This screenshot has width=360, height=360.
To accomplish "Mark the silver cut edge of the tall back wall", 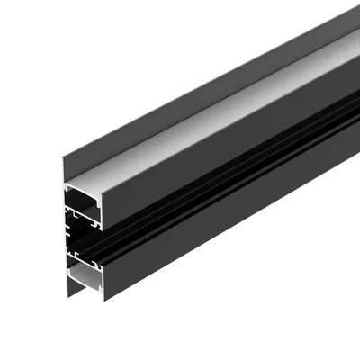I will [x=63, y=229].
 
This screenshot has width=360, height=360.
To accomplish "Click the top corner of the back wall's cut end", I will [x=62, y=163].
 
